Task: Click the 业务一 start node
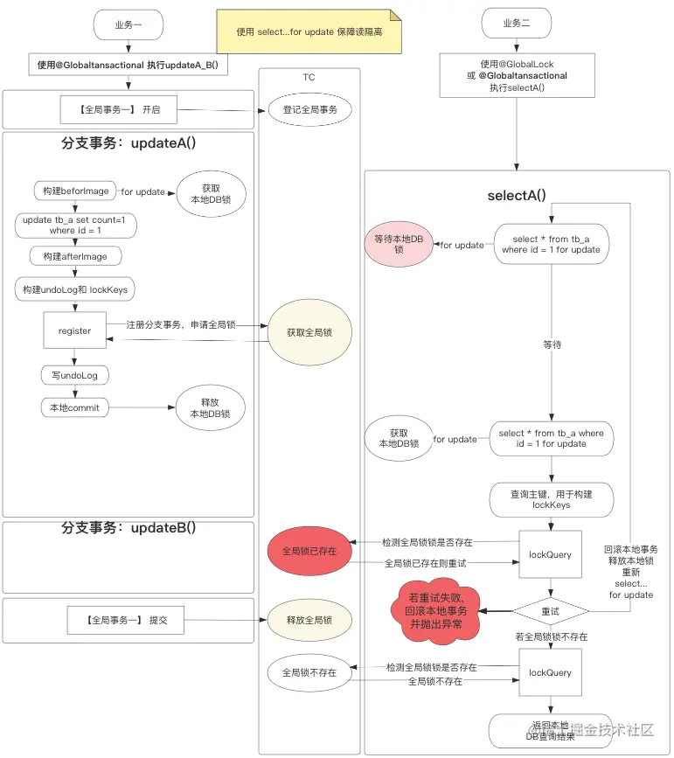click(x=129, y=24)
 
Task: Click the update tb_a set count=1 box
click(x=74, y=225)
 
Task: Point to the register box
click(x=74, y=331)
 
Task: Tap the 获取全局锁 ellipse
click(x=309, y=332)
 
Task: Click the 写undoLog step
click(x=74, y=375)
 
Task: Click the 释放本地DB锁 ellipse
click(x=210, y=408)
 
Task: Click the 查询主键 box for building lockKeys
click(x=551, y=500)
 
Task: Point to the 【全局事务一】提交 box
click(x=127, y=621)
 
